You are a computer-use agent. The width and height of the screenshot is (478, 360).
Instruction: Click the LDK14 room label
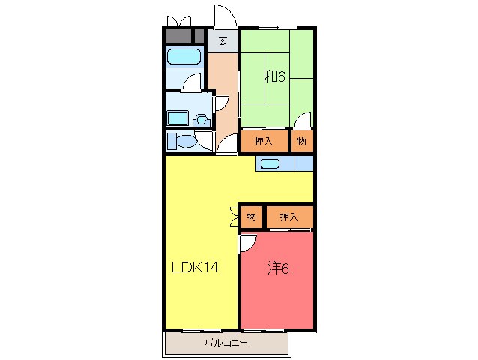195,267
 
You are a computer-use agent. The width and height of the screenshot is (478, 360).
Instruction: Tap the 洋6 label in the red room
278,268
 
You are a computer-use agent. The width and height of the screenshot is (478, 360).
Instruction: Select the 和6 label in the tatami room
275,76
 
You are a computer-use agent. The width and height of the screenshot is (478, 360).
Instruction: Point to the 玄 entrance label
223,40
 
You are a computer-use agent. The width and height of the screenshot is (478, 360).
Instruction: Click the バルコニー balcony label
226,343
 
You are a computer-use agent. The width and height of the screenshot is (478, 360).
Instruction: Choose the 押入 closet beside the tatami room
264,141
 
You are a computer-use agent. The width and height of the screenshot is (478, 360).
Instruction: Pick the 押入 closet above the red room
290,217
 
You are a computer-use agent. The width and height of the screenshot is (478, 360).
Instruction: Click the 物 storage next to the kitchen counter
302,141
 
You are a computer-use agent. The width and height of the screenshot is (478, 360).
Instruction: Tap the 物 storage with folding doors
252,217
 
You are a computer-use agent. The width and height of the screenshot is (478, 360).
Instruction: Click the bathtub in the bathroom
184,57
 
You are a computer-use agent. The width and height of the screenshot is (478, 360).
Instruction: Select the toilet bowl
186,141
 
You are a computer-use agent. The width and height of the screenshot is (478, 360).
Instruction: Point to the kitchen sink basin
270,163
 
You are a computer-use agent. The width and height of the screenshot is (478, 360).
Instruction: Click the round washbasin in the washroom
201,120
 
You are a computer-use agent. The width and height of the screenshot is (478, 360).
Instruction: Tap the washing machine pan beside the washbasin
177,118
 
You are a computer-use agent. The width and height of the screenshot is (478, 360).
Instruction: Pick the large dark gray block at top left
178,36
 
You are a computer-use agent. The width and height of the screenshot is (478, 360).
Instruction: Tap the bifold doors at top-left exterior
179,21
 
